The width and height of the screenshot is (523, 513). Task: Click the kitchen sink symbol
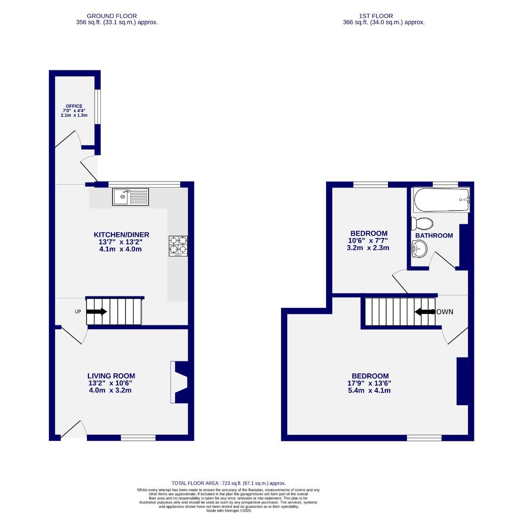point(130,197)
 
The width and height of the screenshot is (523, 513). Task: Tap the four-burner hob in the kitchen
point(178,246)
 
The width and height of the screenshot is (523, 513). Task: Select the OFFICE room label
point(74,106)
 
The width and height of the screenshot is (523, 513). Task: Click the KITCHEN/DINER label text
point(121,235)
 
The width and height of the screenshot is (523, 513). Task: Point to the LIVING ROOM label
point(111,376)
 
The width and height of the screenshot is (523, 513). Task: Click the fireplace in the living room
point(180,383)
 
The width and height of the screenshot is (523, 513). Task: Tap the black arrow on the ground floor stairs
point(97,312)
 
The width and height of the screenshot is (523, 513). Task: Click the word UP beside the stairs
point(78,312)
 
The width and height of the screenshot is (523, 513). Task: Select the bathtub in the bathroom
point(441,200)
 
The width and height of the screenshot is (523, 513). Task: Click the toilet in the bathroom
point(422,223)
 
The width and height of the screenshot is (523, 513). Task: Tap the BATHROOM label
point(434,236)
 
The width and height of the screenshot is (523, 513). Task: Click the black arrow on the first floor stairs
point(425,312)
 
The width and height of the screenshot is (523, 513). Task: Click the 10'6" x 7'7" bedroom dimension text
point(368,241)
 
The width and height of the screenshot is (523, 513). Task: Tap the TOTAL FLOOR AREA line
point(228,483)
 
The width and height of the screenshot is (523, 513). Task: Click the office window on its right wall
point(97,107)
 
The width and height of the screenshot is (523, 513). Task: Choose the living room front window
point(138,437)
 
